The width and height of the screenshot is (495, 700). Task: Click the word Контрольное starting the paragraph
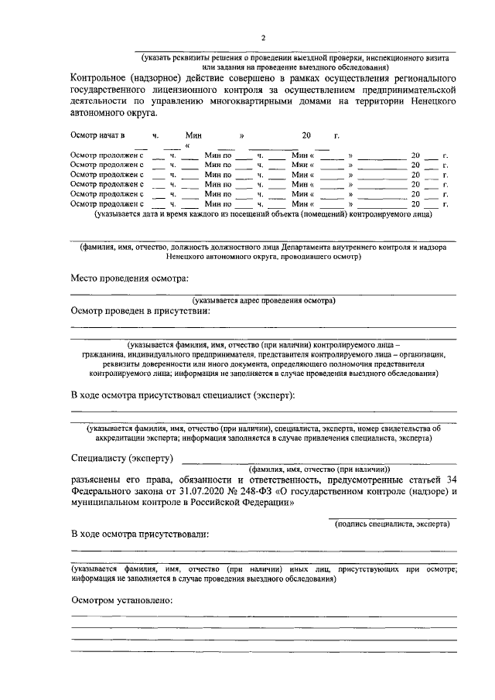pyautogui.click(x=101, y=78)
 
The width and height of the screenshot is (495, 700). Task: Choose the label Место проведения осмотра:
pyautogui.click(x=129, y=278)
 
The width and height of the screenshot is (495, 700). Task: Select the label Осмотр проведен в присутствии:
pyautogui.click(x=139, y=311)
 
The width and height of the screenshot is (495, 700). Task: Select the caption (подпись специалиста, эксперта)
pyautogui.click(x=392, y=524)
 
